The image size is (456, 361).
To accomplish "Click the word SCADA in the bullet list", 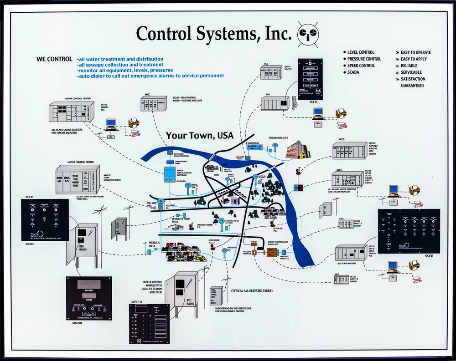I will coord(353,72).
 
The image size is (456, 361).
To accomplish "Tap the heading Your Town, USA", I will coord(199,136).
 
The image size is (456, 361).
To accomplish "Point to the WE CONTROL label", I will coord(54,59).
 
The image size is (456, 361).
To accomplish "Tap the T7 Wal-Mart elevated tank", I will coord(161,202).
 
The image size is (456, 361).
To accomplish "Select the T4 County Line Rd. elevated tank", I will coord(222,222).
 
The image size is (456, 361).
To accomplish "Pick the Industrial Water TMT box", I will coord(253,147).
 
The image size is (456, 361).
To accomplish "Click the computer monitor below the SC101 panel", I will coord(318,112).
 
